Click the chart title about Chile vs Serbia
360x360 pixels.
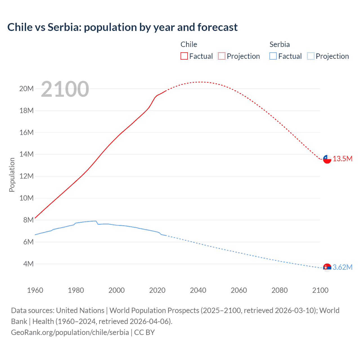pyautogui.click(x=122, y=27)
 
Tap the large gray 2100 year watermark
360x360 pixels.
pyautogui.click(x=65, y=89)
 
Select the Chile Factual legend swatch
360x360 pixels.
pyautogui.click(x=184, y=56)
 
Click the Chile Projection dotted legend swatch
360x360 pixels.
pyautogui.click(x=222, y=56)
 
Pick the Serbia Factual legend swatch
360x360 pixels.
pyautogui.click(x=273, y=56)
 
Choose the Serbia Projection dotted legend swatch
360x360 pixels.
pyautogui.click(x=310, y=56)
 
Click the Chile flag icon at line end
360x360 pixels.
pyautogui.click(x=327, y=159)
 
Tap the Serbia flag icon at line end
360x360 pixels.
pyautogui.click(x=327, y=267)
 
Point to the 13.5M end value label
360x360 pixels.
pyautogui.click(x=343, y=159)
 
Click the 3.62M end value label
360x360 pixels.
pyautogui.click(x=343, y=267)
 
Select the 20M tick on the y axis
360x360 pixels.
pyautogui.click(x=26, y=89)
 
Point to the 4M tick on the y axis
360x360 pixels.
pyautogui.click(x=28, y=264)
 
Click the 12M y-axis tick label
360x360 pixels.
pyautogui.click(x=26, y=176)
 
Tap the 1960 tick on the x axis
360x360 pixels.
pyautogui.click(x=35, y=290)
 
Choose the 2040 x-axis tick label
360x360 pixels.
pyautogui.click(x=198, y=290)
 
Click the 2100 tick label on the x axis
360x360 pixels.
pyautogui.click(x=320, y=290)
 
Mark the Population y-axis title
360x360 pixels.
pyautogui.click(x=12, y=175)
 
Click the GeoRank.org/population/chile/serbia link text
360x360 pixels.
pyautogui.click(x=70, y=332)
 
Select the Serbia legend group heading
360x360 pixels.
pyautogui.click(x=279, y=44)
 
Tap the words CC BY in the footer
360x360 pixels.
pyautogui.click(x=144, y=332)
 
